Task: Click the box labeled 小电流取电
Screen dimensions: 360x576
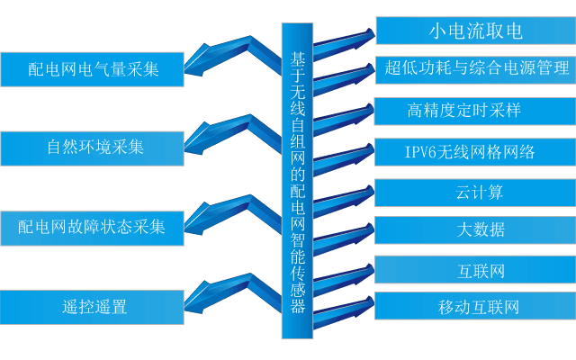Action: pos(475,31)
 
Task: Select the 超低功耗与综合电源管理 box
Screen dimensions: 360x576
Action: pos(475,69)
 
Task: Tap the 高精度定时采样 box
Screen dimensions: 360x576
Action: pos(475,111)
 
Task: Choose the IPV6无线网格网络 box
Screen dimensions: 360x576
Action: pos(475,152)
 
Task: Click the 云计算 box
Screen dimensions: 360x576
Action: pos(475,192)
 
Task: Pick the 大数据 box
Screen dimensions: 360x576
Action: pos(475,229)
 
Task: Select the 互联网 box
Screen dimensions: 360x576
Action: pos(475,269)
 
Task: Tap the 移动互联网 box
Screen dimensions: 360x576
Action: pos(475,307)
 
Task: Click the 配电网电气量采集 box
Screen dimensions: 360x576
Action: pos(93,68)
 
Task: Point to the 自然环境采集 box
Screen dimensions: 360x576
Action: pos(93,146)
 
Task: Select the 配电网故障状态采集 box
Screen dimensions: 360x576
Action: pos(93,226)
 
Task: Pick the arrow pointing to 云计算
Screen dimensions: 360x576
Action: pos(346,196)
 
